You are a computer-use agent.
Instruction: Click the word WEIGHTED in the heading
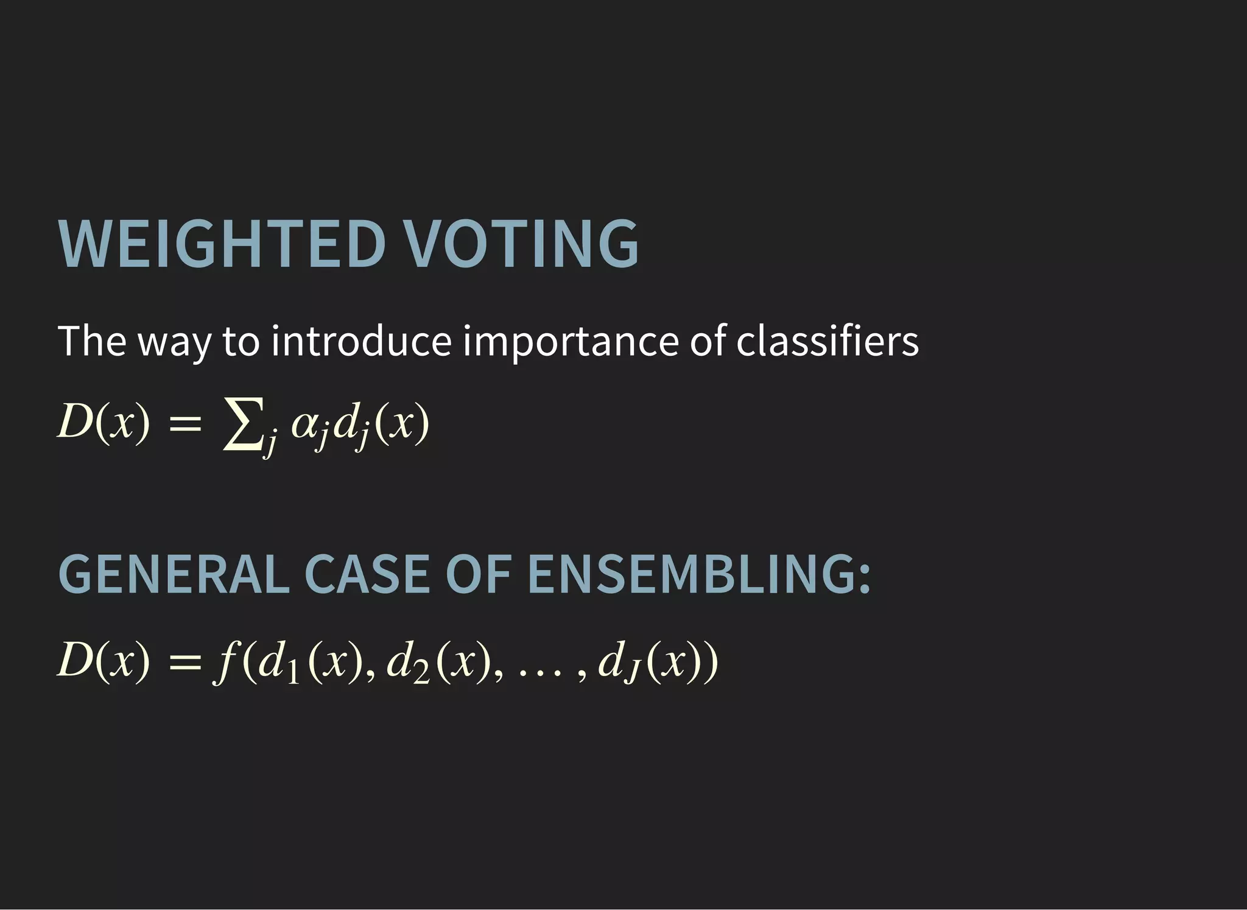click(222, 244)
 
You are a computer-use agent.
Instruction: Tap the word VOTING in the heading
click(522, 244)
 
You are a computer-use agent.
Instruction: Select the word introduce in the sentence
click(361, 341)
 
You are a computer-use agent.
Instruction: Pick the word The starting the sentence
click(92, 341)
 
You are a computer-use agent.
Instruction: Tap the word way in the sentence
click(174, 344)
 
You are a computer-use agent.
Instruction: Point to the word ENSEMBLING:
click(699, 575)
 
